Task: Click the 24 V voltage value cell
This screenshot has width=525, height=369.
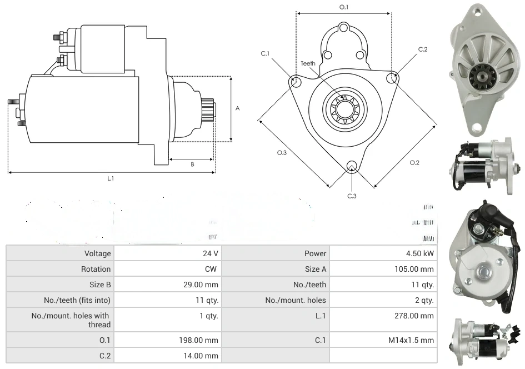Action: tap(211, 253)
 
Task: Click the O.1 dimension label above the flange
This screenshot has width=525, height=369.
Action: tap(344, 7)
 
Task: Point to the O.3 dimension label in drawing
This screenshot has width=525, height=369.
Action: tap(282, 153)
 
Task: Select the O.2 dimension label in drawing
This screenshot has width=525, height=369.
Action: tap(414, 162)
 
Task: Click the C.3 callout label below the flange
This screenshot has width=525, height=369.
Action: tap(352, 196)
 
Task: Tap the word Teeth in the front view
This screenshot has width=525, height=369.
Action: tap(308, 63)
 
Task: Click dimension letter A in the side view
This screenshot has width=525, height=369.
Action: tap(237, 108)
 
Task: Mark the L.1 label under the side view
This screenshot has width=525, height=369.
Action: tap(111, 178)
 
